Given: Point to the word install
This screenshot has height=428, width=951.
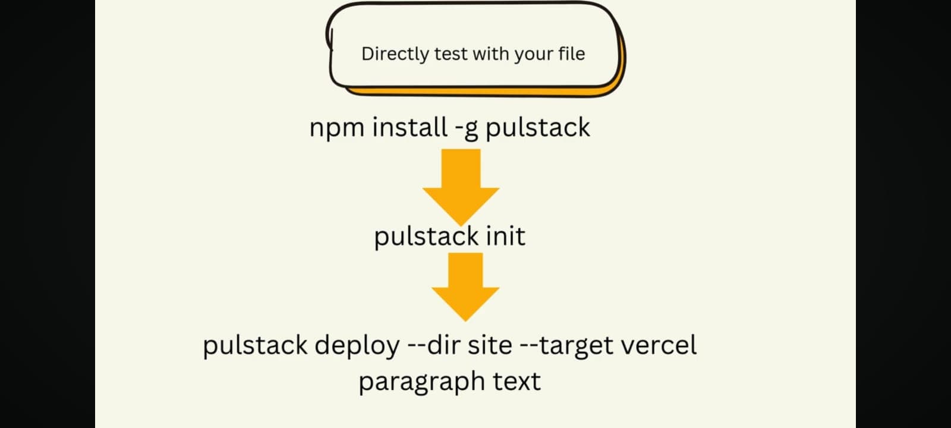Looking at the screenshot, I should click(x=410, y=127).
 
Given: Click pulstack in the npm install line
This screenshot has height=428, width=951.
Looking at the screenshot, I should click(x=538, y=128).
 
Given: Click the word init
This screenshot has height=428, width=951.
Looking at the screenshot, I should click(x=505, y=236).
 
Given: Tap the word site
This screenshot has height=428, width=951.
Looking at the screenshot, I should click(x=489, y=345).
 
